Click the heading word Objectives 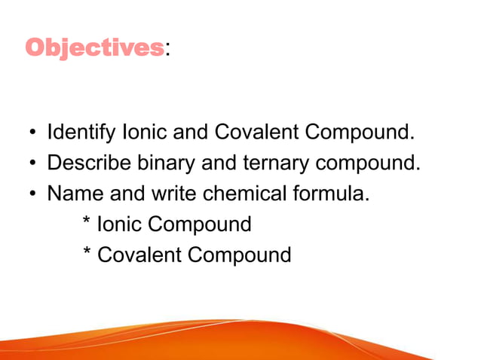pyautogui.click(x=94, y=48)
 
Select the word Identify pyautogui.click(x=78, y=133)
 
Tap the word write pyautogui.click(x=174, y=194)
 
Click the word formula pyautogui.click(x=332, y=194)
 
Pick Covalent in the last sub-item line pyautogui.click(x=139, y=255)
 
